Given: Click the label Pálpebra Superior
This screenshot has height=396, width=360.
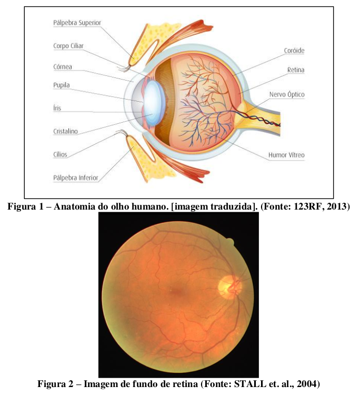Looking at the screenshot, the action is (77, 23).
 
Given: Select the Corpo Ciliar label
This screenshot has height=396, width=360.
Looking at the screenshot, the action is (68, 46).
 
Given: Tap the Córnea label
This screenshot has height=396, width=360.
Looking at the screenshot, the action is (63, 67).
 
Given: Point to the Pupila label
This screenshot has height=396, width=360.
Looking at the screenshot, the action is (62, 85).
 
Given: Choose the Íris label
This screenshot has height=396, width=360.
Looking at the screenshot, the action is (57, 108).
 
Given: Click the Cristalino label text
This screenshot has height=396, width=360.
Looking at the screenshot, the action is (65, 131).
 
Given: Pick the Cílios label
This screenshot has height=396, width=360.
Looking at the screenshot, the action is (60, 154).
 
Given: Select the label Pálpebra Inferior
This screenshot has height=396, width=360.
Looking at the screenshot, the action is (75, 178).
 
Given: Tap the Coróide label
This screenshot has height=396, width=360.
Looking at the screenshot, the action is (294, 51).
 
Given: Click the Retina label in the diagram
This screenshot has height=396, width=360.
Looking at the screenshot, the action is (296, 70).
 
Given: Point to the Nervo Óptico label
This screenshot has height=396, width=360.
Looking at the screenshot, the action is (287, 94).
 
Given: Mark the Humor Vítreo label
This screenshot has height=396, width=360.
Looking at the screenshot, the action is (286, 155).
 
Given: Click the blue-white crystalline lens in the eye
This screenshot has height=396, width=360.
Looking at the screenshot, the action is (154, 103).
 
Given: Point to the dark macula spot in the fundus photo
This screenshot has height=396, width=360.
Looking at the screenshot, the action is (178, 292).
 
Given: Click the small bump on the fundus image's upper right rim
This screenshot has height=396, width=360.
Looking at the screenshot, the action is (230, 242).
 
